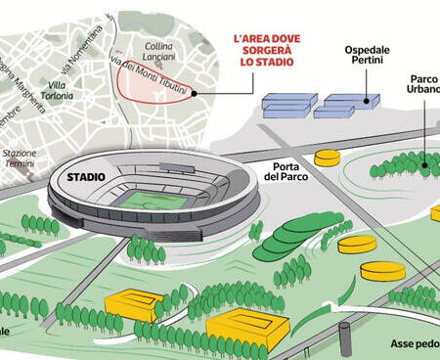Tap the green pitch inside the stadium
[x=149, y=200]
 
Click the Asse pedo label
[x=411, y=344]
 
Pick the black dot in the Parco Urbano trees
[x=423, y=165]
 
